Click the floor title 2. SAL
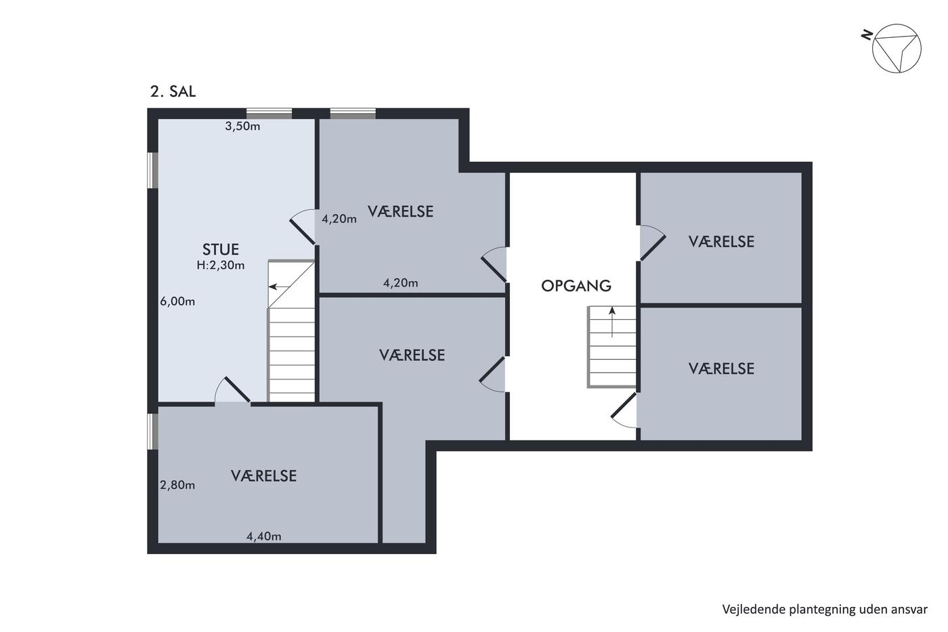pyautogui.click(x=173, y=91)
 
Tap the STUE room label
pyautogui.click(x=221, y=249)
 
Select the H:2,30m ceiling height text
pyautogui.click(x=221, y=266)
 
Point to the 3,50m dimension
pyautogui.click(x=242, y=126)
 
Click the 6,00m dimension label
pyautogui.click(x=177, y=301)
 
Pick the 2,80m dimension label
pyautogui.click(x=177, y=485)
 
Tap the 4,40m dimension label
pyautogui.click(x=263, y=536)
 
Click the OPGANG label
pyautogui.click(x=576, y=286)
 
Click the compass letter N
pyautogui.click(x=867, y=35)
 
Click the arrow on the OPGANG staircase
pyautogui.click(x=612, y=322)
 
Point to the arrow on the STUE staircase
pyautogui.click(x=279, y=287)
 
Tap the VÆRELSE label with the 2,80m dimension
pyautogui.click(x=263, y=476)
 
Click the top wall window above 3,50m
pyautogui.click(x=270, y=113)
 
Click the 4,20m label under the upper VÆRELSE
pyautogui.click(x=400, y=282)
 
